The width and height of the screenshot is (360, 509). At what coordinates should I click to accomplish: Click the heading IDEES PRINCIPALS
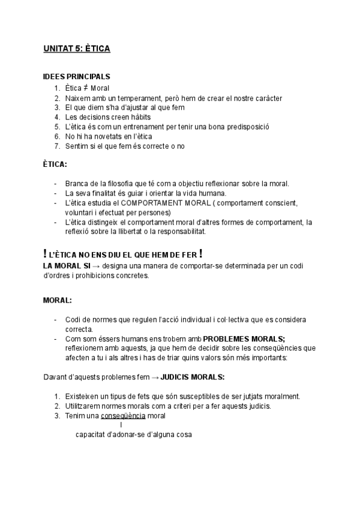[76, 78]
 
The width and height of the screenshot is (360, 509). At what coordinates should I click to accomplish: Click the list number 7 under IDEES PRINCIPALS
[57, 146]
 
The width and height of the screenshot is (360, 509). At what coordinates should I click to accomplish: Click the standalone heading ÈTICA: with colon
[55, 163]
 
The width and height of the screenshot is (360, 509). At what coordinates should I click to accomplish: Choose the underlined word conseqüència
[124, 416]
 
